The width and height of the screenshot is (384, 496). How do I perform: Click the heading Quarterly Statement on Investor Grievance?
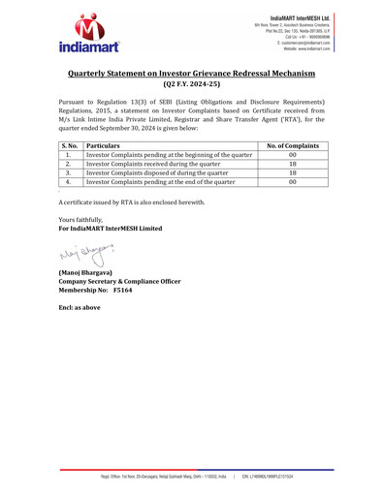[x=192, y=74]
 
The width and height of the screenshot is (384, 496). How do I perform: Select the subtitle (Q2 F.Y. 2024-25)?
[x=192, y=85]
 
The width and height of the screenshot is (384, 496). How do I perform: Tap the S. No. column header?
[x=69, y=145]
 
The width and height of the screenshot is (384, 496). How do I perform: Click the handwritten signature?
[x=86, y=257]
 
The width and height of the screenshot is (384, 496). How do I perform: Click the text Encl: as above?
[x=80, y=307]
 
